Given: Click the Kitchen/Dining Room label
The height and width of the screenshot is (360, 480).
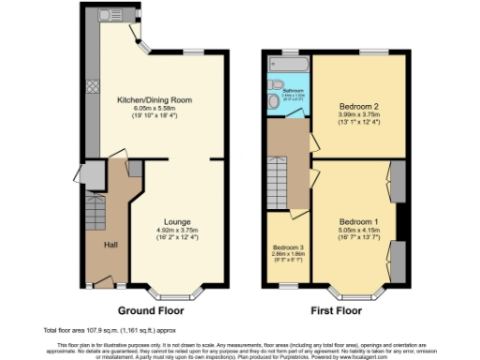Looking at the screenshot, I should click(155, 98).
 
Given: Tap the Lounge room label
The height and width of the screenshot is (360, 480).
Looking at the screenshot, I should click(179, 221).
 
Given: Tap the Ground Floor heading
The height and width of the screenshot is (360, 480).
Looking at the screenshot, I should click(155, 309).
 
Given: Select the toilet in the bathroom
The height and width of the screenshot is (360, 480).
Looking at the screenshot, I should click(272, 99).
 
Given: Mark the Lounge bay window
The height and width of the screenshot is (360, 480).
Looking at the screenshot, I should click(179, 291).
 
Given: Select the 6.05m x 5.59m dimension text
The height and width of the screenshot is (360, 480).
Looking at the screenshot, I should click(155, 107).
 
